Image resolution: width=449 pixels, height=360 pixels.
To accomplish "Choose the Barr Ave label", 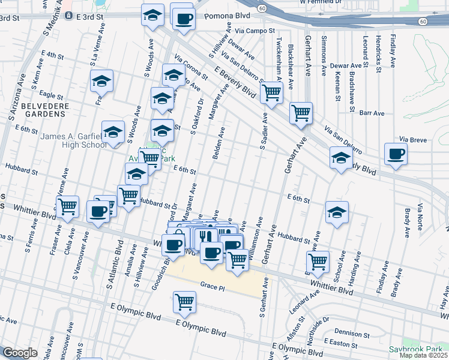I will coord(372,113).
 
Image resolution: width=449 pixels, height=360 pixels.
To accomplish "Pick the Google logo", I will coord(19,353).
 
